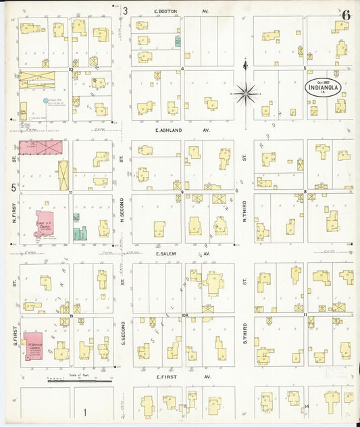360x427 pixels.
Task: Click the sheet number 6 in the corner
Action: point(346,15)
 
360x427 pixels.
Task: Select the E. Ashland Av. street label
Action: point(182,130)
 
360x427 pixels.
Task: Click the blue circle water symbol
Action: point(46,101)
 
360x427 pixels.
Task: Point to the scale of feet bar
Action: point(79,381)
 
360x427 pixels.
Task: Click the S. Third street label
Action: point(245,338)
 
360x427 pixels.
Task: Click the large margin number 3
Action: point(125,11)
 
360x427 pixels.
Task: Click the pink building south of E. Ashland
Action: point(40,147)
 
